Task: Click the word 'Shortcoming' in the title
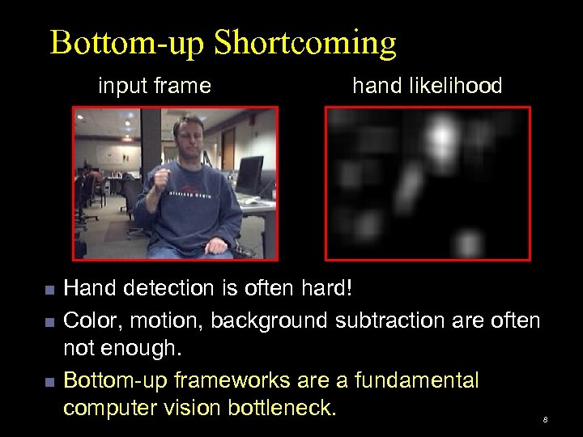309,44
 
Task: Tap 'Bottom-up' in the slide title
131,44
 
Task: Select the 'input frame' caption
155,85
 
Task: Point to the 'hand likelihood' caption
427,85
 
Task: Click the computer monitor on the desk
249,174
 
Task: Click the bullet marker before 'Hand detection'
50,290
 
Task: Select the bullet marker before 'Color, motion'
50,323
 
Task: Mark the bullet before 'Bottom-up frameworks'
50,380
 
